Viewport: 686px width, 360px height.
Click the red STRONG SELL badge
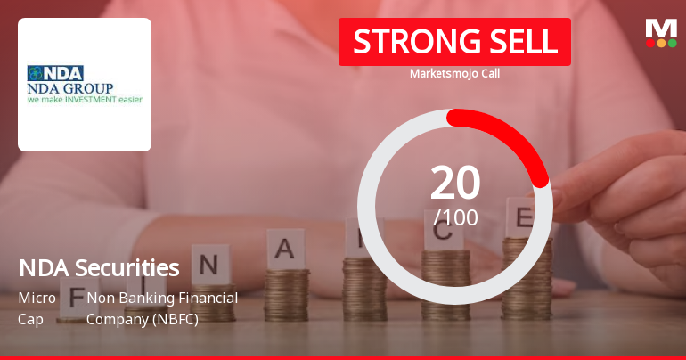pos(454,42)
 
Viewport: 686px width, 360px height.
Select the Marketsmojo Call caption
pos(454,74)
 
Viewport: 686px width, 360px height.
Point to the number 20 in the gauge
pos(455,184)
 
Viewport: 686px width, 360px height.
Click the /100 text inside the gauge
pos(455,217)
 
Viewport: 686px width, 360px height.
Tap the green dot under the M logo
pos(672,43)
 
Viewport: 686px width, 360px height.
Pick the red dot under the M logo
pos(650,43)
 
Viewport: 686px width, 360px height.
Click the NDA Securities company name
pos(99,267)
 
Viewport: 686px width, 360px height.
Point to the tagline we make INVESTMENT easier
pos(85,100)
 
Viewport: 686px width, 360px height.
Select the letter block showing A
pos(285,250)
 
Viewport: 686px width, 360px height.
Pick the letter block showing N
pos(210,264)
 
